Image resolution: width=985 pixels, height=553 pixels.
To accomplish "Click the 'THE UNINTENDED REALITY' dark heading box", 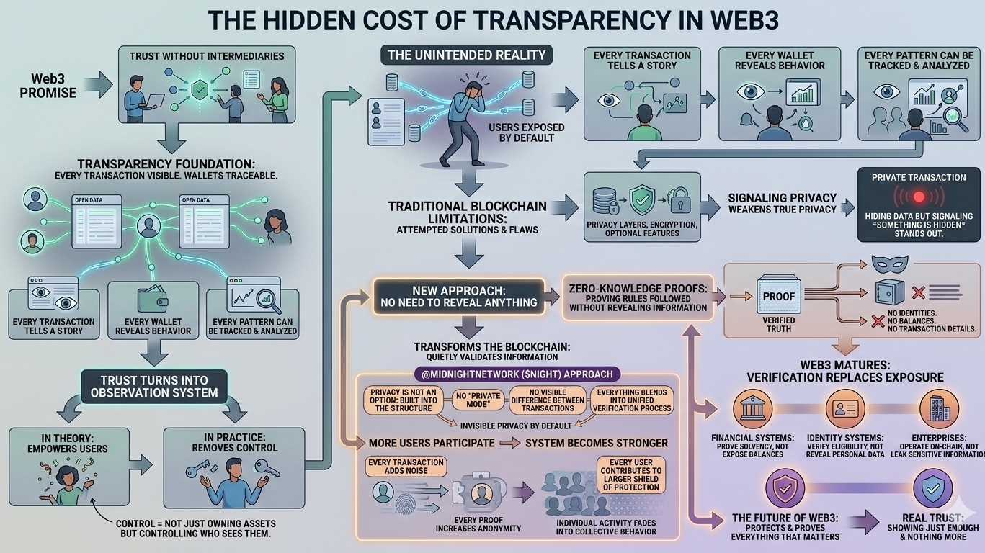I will pyautogui.click(x=467, y=55).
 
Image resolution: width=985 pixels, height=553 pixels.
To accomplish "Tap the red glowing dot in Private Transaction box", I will pyautogui.click(x=918, y=196).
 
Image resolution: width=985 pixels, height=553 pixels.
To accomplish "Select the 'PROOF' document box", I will pyautogui.click(x=779, y=297).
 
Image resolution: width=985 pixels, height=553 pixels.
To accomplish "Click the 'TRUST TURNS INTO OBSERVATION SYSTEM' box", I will pyautogui.click(x=155, y=386).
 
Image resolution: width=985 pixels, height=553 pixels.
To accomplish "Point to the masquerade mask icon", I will pyautogui.click(x=884, y=264).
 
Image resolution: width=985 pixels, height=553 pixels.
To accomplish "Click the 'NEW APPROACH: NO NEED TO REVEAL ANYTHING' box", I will pyautogui.click(x=458, y=295).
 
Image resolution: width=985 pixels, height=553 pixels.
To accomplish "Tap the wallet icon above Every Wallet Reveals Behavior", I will pyautogui.click(x=152, y=299).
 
